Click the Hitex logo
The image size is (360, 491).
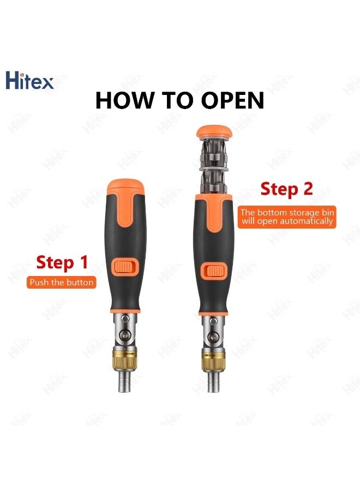click(x=29, y=81)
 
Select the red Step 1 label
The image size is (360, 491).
click(x=62, y=262)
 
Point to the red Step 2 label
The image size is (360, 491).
click(x=286, y=189)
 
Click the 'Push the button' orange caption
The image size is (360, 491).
click(x=62, y=283)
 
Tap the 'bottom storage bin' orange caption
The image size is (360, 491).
click(x=286, y=217)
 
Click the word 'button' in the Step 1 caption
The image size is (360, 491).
click(x=81, y=283)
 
